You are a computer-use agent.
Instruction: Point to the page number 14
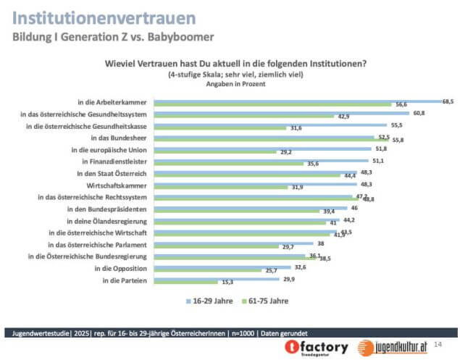tap(438, 332)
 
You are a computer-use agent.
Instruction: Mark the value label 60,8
tap(419, 113)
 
